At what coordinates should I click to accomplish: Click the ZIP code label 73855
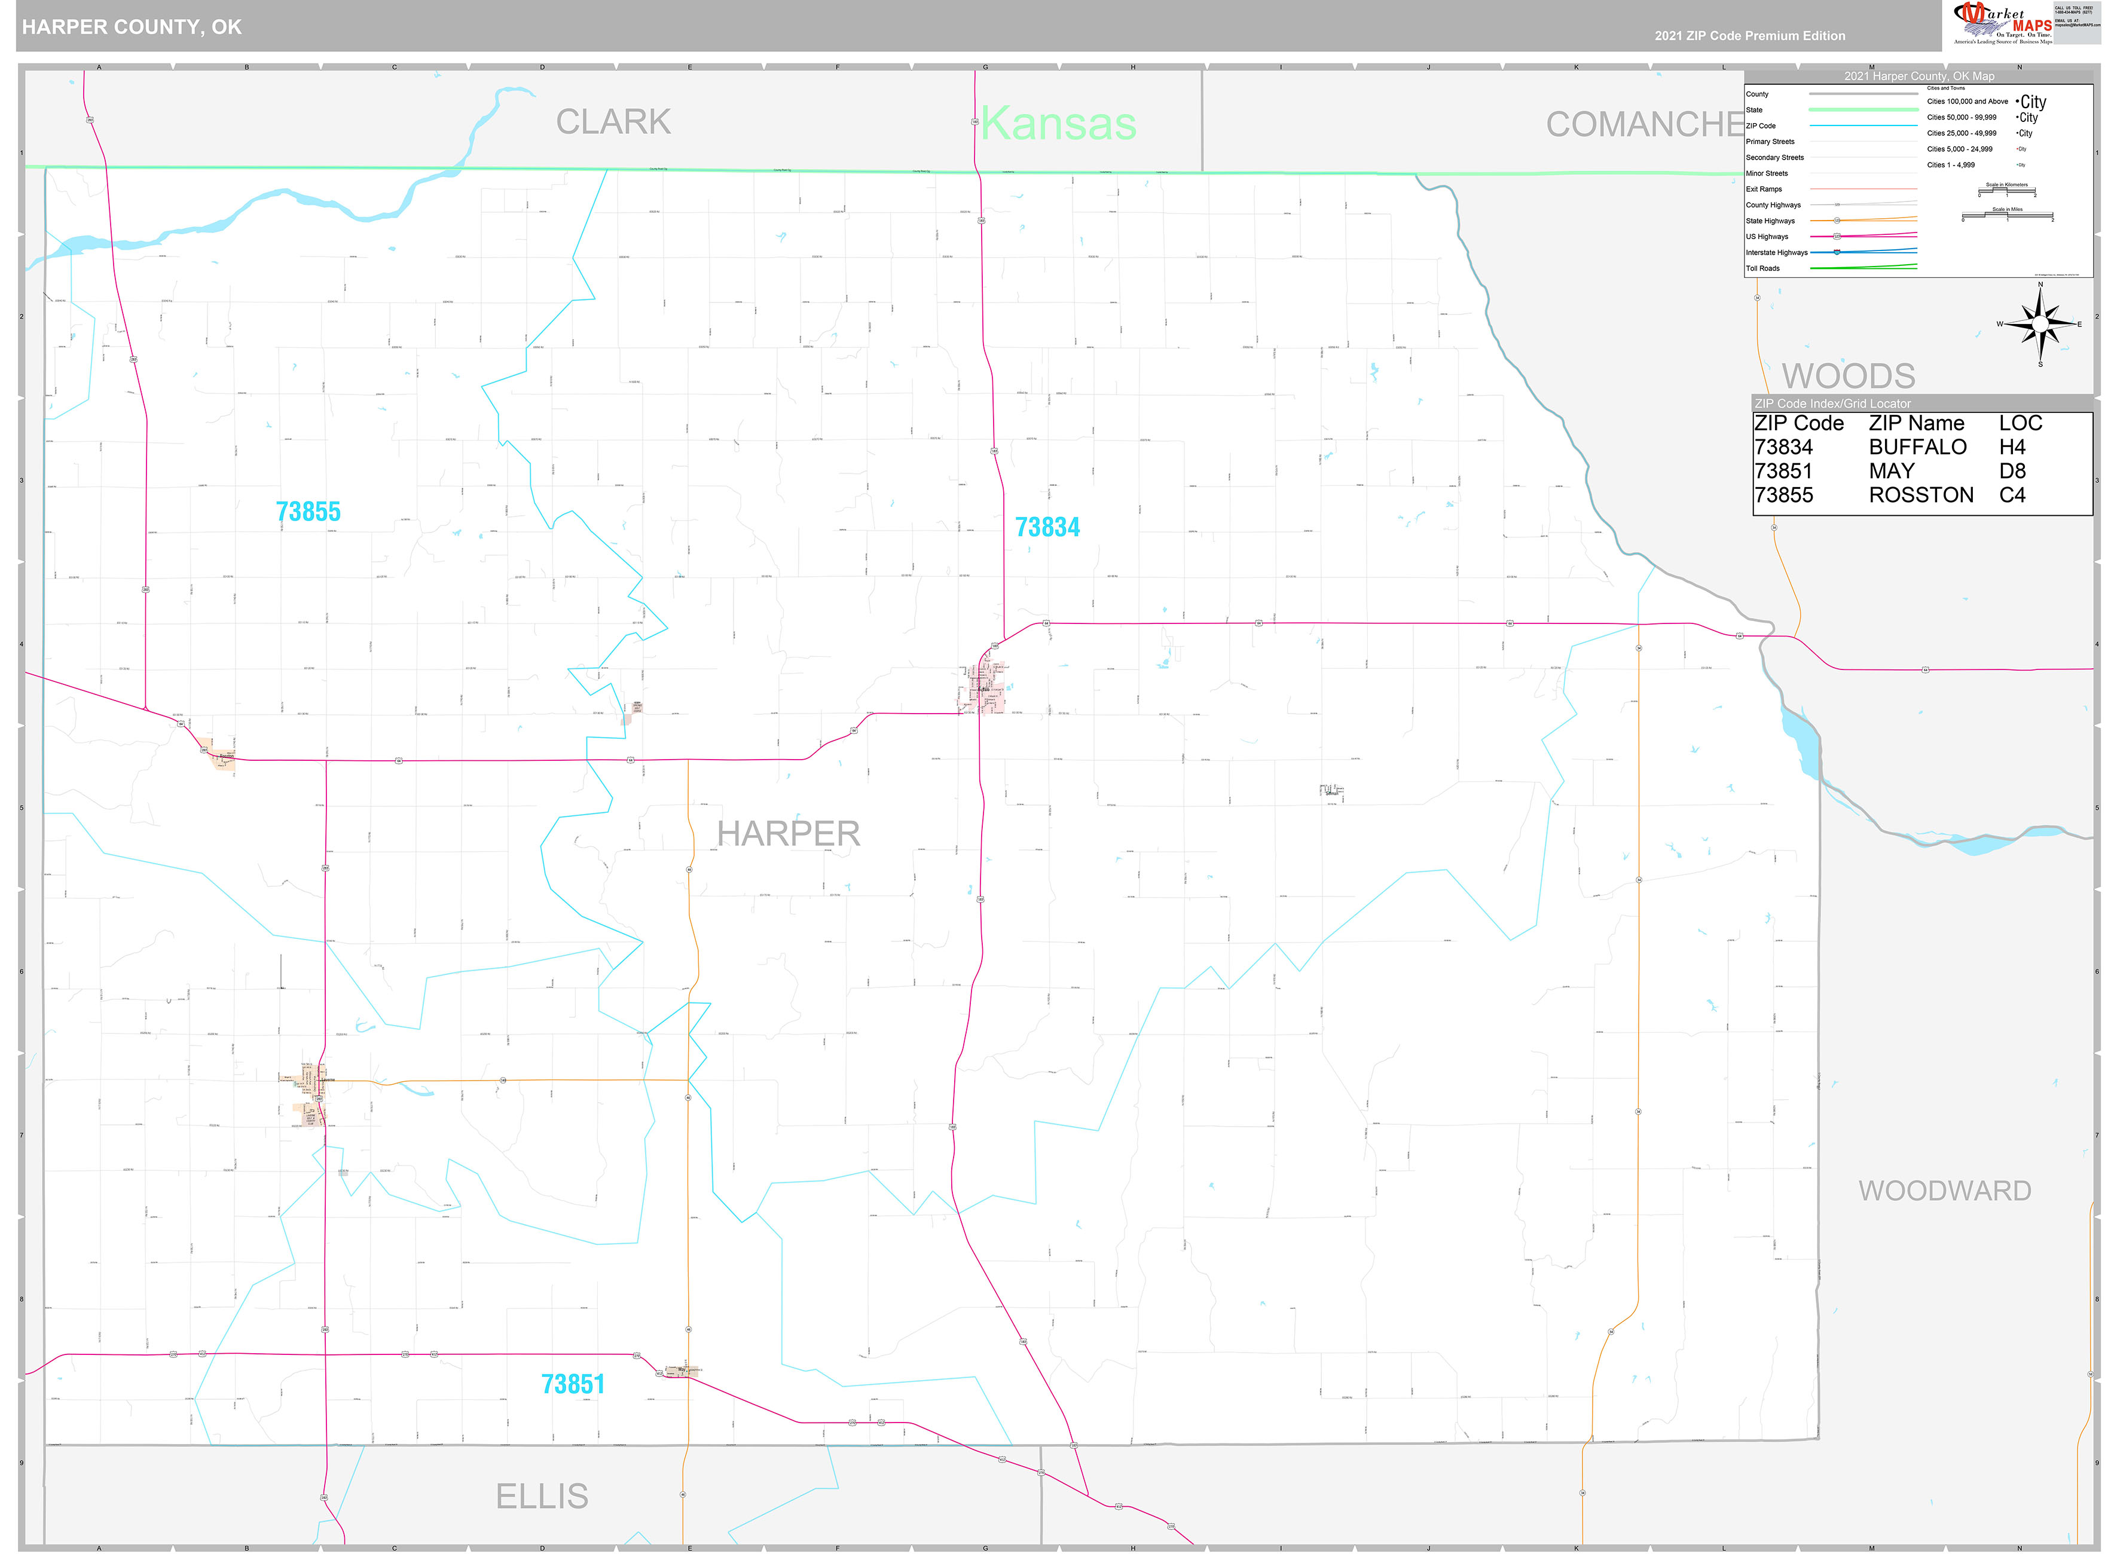coord(308,512)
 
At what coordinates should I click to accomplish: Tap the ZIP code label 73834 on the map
coord(1047,527)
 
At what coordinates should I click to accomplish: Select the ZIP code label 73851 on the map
coord(572,1384)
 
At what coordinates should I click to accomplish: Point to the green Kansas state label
coord(1058,123)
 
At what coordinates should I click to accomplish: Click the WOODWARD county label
coord(1944,1191)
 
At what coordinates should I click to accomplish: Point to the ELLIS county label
coord(542,1495)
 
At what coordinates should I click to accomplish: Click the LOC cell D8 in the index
coord(2012,471)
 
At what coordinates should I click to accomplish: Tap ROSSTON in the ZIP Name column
coord(1920,495)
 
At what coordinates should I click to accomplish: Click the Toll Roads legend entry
coord(1763,268)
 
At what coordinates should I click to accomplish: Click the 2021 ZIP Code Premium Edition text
coord(1750,36)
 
